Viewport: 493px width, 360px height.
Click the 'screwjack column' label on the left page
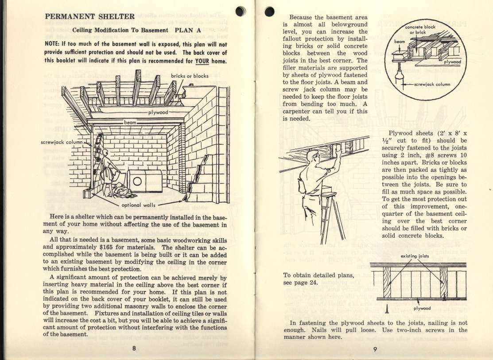[x=62, y=143]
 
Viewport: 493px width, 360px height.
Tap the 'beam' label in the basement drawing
[x=130, y=121]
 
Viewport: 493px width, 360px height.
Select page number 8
[x=133, y=348]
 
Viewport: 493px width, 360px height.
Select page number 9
[x=374, y=348]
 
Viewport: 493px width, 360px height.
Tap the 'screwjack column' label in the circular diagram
[x=432, y=84]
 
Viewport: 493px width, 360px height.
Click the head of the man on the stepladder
[x=314, y=156]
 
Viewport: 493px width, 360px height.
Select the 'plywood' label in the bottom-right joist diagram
[x=422, y=309]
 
